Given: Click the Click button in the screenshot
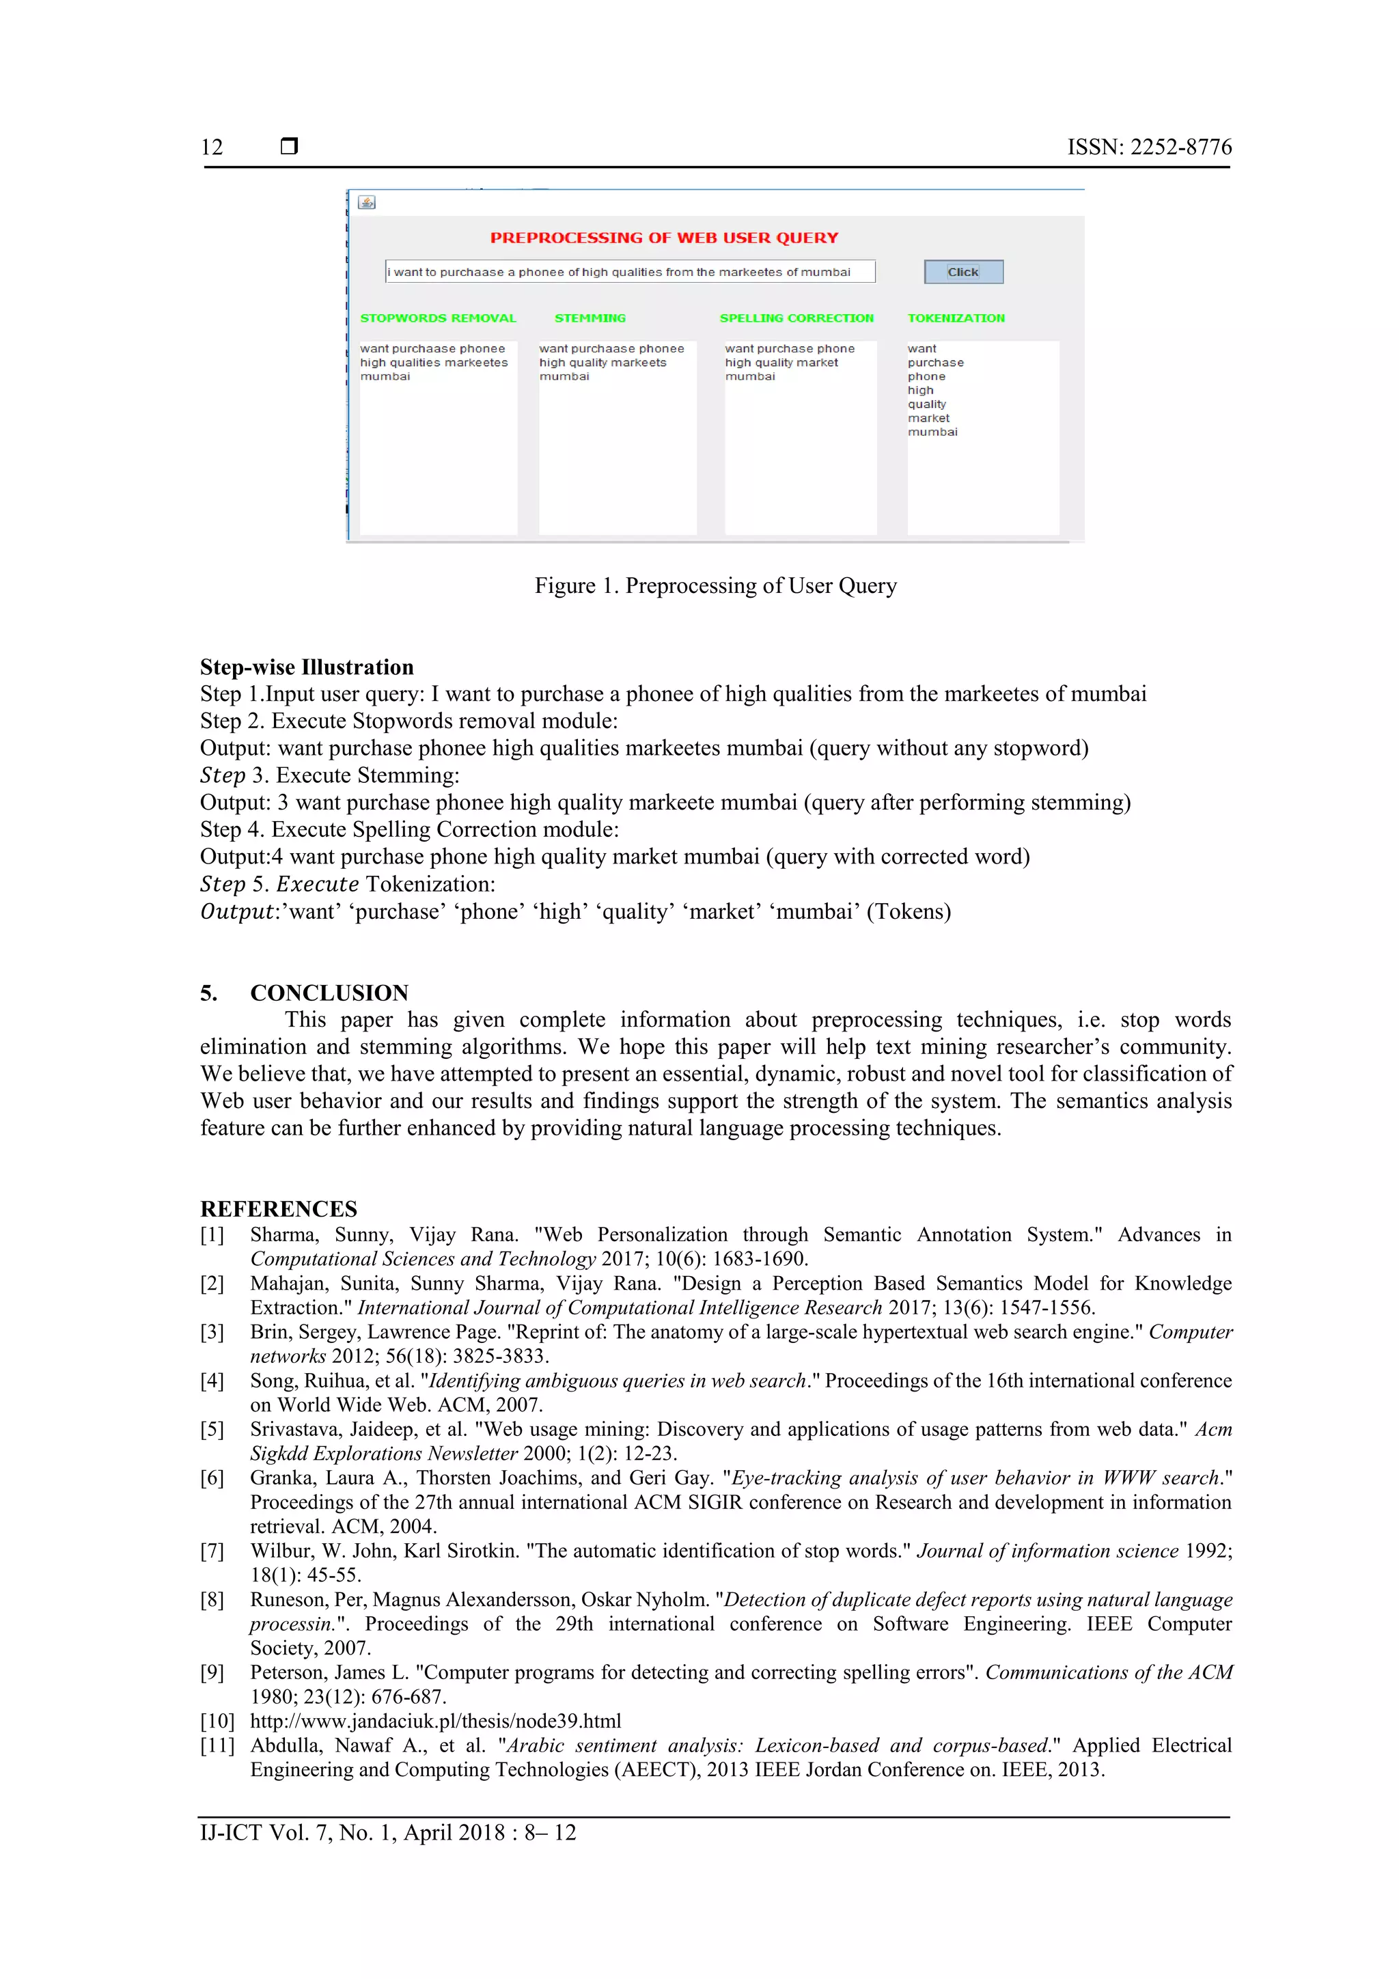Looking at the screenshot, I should click(x=962, y=271).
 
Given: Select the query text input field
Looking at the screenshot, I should click(x=629, y=271).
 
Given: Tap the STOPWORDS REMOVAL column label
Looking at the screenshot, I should click(x=438, y=318).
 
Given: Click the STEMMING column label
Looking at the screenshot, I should click(x=590, y=318).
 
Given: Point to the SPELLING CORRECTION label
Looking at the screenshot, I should click(x=797, y=318).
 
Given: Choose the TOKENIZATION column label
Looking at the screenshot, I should click(x=956, y=318).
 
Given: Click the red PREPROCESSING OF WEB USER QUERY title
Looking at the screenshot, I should click(x=664, y=238).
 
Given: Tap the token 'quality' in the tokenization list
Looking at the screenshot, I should click(x=927, y=404).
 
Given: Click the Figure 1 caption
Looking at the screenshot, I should click(x=715, y=586).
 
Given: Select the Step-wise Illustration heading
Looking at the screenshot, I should click(x=307, y=667).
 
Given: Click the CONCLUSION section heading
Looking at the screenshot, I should click(x=329, y=993).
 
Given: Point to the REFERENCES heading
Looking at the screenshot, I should click(x=279, y=1208).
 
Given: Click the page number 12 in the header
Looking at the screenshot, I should click(x=212, y=148).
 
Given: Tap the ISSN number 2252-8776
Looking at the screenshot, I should click(x=1180, y=148).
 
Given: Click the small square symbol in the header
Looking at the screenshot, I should click(x=290, y=146).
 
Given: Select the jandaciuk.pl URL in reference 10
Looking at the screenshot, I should click(x=435, y=1721).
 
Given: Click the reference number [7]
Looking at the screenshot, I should click(x=212, y=1551).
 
